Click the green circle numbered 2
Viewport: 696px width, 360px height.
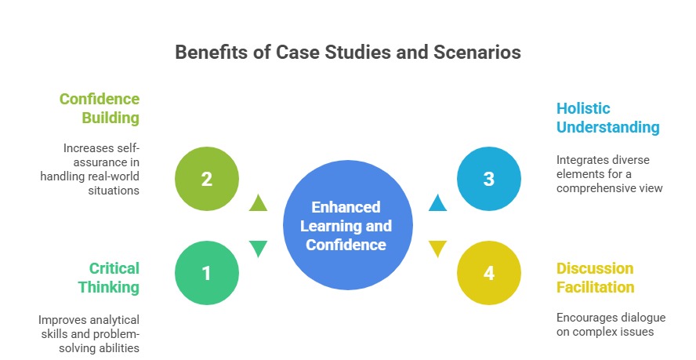206,179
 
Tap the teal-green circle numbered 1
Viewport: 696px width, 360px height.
206,273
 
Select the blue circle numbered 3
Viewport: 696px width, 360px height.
488,179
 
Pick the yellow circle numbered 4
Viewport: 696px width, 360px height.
488,273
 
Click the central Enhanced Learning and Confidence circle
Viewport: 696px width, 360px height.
346,226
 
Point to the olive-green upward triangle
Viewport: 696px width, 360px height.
259,203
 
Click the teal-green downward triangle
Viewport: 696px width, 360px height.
259,249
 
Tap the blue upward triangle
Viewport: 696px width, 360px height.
437,203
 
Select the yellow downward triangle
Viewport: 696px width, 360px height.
437,249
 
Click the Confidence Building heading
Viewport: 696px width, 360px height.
100,108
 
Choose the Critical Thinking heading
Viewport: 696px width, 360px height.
108,278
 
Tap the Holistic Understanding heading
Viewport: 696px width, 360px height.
607,118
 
